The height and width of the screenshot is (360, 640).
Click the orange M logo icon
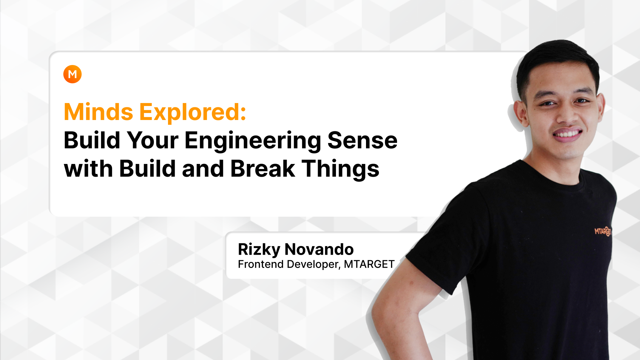(x=72, y=74)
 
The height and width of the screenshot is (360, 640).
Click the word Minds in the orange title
(x=98, y=112)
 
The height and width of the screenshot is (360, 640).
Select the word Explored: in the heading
(x=193, y=112)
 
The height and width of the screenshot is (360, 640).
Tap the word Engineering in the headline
(x=253, y=141)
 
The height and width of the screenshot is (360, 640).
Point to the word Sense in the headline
(x=362, y=141)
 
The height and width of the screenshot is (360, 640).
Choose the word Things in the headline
(x=340, y=169)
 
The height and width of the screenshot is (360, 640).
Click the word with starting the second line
(x=88, y=169)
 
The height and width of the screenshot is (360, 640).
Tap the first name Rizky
(x=259, y=249)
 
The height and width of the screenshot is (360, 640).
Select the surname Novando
(x=319, y=249)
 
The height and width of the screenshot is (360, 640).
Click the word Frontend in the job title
(x=260, y=264)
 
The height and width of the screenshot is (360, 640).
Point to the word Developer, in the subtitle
(x=314, y=264)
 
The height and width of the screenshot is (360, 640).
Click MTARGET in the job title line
(x=369, y=264)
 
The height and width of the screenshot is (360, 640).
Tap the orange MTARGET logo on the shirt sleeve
(x=603, y=231)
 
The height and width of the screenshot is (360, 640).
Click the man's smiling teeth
(x=568, y=134)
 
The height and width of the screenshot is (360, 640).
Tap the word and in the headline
(x=203, y=169)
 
